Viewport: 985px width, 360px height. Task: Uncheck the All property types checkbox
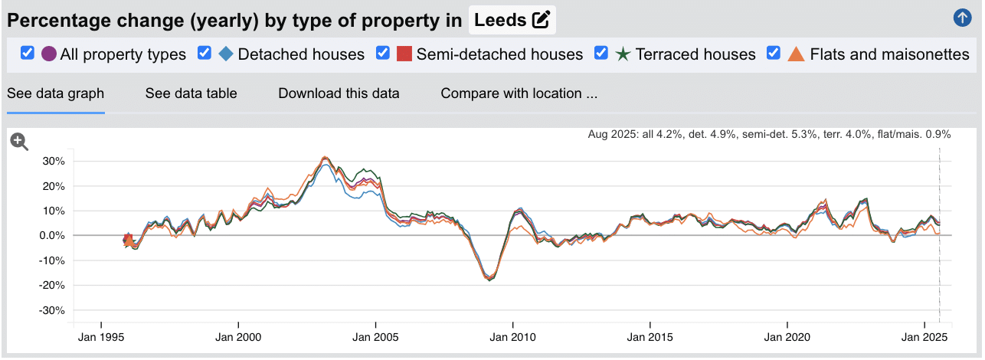point(28,53)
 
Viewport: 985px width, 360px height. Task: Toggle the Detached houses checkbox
point(205,53)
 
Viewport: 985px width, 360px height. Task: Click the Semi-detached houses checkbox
point(383,53)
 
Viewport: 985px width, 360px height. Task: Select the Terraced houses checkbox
point(601,53)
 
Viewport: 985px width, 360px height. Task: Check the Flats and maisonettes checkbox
point(774,53)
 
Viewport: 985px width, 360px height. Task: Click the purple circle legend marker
point(49,54)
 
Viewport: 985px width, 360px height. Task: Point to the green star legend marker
point(623,54)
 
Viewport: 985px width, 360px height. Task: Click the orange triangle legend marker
point(797,54)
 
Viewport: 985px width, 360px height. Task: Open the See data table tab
point(191,93)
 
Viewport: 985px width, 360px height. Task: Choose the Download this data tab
point(339,93)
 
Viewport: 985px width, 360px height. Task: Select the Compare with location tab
point(519,93)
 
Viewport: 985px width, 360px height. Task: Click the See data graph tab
point(55,93)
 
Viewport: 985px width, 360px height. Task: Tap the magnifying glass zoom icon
point(19,141)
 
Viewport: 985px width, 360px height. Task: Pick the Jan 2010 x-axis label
point(512,337)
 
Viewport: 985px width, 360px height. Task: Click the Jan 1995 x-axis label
point(101,337)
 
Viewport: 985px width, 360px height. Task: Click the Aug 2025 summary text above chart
point(769,134)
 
